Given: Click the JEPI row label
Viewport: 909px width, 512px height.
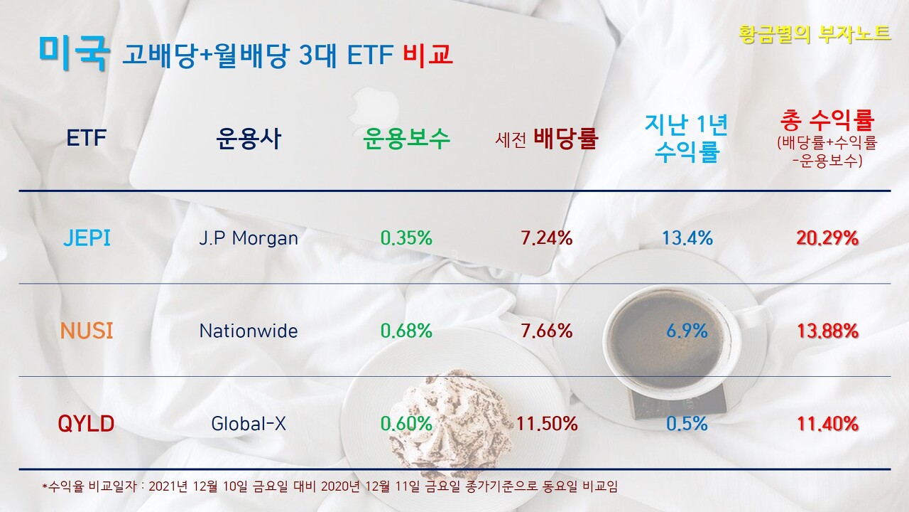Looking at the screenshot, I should pos(87,238).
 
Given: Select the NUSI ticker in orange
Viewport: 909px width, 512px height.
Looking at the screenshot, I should pos(87,331).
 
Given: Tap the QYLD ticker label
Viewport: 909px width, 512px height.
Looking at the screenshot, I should pos(87,424).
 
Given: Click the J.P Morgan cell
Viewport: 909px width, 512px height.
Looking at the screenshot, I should pos(249,238).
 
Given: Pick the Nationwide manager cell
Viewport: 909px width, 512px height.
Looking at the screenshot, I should pos(249,331).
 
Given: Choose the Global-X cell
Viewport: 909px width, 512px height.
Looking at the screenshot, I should pos(249,424).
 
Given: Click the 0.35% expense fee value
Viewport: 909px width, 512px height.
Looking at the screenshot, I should pos(406,238).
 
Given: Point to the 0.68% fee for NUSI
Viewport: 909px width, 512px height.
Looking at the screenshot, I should pos(406,331).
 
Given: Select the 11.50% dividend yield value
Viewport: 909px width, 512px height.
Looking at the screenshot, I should pos(547,424).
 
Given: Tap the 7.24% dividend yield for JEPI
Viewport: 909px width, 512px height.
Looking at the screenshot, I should pos(547,238).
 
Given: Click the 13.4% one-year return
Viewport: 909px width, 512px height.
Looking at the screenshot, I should pos(687,238).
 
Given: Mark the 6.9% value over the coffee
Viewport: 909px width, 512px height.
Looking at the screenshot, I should pos(687,331).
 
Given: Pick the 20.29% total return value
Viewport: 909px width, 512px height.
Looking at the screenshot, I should pos(827,238).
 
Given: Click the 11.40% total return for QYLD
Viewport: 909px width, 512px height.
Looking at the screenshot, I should pos(827,425).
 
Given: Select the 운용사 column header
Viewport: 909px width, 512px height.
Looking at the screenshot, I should pos(249,138).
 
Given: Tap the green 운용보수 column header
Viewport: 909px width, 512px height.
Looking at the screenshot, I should pos(406,138).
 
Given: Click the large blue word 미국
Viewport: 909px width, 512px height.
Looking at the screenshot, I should pos(73,52).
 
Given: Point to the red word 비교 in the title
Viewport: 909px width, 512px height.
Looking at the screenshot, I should pos(428,55).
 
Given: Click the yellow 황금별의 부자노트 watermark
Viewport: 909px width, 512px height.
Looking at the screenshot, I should pos(815,33).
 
